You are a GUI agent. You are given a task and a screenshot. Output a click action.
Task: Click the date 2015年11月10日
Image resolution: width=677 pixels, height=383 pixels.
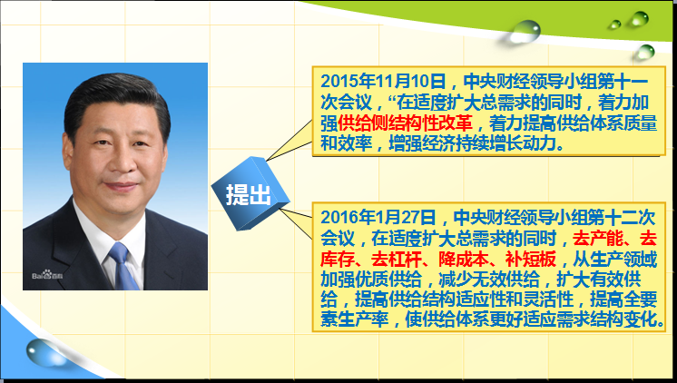click(x=384, y=82)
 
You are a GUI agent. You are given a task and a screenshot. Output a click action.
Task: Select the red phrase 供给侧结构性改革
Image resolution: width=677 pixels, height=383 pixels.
click(x=405, y=123)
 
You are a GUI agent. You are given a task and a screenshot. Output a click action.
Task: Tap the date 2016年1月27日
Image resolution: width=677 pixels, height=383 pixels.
click(x=378, y=217)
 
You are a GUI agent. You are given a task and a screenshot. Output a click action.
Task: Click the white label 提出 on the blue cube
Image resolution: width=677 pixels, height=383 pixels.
click(x=249, y=194)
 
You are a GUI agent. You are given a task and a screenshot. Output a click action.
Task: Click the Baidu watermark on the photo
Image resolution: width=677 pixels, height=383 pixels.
click(x=47, y=275)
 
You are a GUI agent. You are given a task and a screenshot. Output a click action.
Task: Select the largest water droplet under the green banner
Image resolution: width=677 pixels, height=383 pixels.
click(x=525, y=32)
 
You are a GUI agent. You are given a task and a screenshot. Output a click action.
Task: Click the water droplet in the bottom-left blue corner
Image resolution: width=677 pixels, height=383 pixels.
click(x=44, y=352)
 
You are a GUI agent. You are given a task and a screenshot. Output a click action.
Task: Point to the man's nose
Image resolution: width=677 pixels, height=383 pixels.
click(x=121, y=160)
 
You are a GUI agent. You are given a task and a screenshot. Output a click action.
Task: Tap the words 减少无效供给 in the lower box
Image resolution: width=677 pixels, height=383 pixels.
click(x=489, y=280)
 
